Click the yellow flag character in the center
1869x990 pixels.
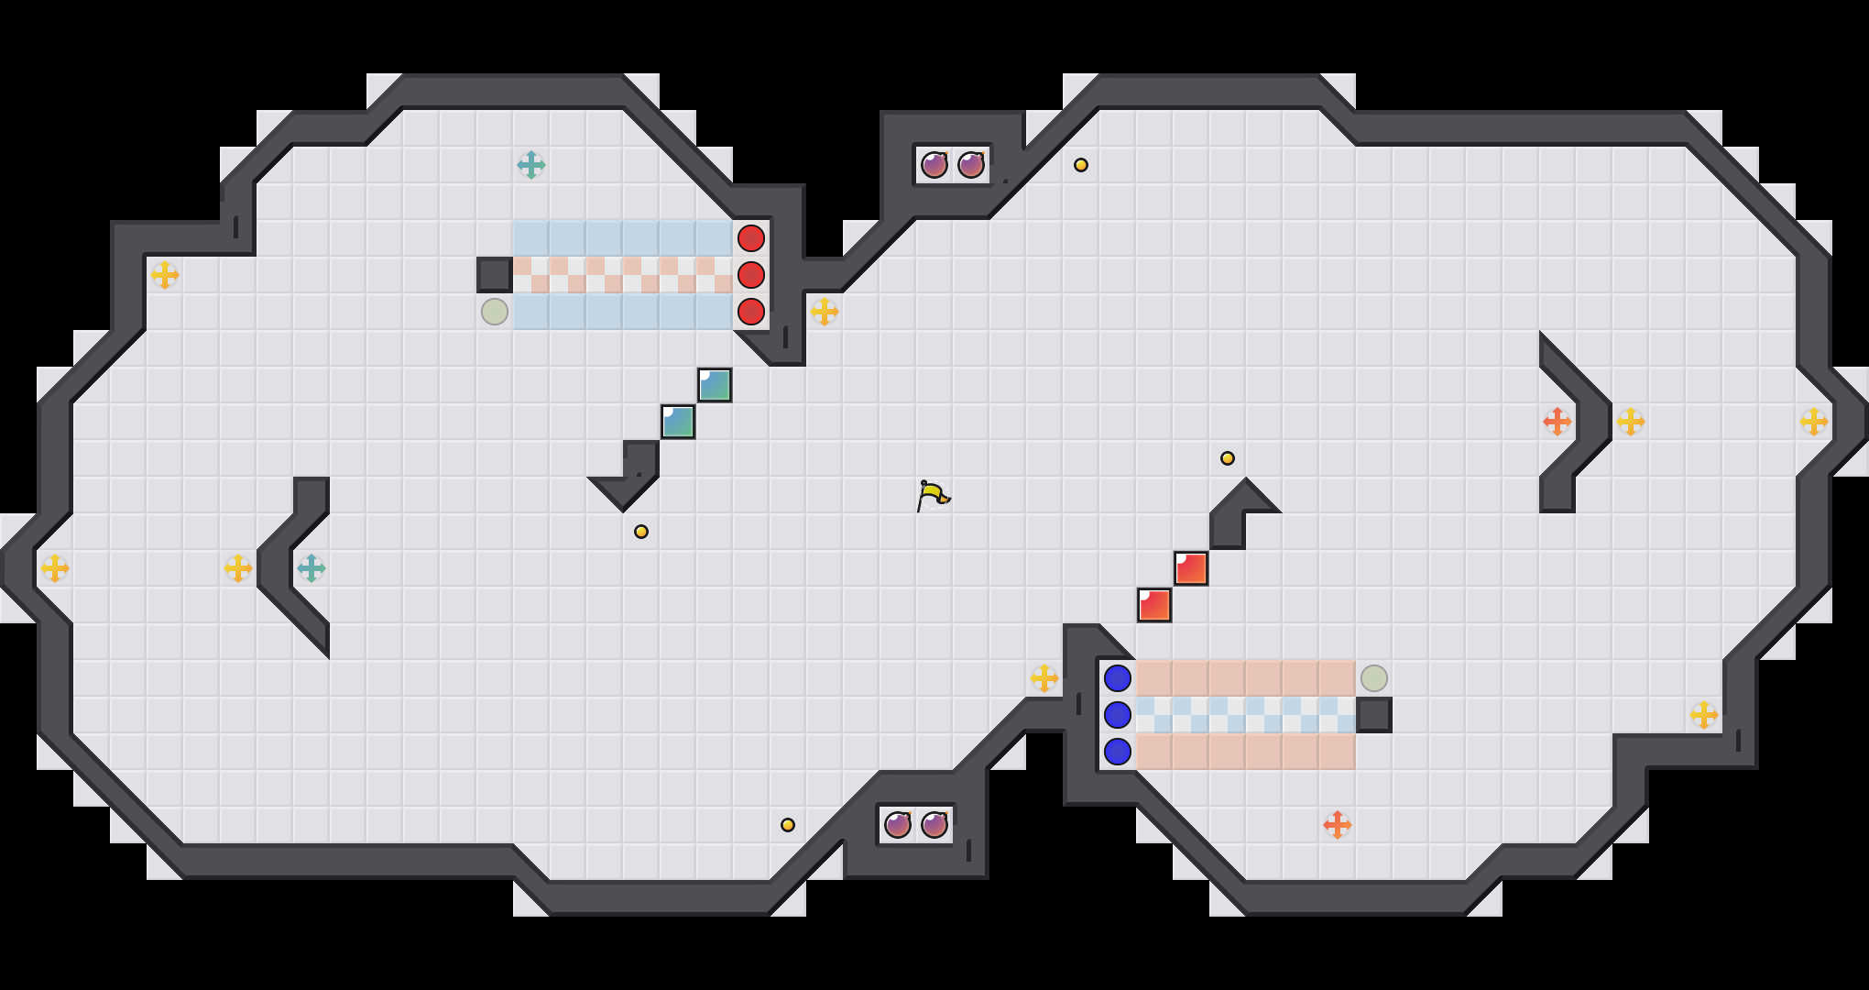coord(933,496)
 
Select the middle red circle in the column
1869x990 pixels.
coord(751,275)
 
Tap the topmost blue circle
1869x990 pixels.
coord(1118,678)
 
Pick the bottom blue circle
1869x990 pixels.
coord(1118,752)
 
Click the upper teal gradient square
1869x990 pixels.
coord(715,385)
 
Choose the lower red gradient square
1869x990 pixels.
coord(1154,605)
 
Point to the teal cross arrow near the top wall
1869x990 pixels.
coord(531,165)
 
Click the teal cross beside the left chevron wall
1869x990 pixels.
coord(311,568)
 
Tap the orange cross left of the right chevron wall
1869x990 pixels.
coord(1557,422)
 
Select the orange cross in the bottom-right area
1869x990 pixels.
coord(1338,825)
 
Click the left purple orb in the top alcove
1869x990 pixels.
coord(934,165)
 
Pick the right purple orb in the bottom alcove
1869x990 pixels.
coord(934,825)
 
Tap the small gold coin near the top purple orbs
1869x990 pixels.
coord(1081,165)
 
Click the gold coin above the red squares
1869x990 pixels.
coord(1228,458)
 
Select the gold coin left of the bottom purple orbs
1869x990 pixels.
coord(788,825)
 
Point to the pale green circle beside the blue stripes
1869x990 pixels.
coord(495,312)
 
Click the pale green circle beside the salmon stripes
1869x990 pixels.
coord(1374,678)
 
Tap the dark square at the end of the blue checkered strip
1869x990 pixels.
coord(1374,715)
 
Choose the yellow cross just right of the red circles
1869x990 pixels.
coord(825,312)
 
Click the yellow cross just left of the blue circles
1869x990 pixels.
coord(1044,678)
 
